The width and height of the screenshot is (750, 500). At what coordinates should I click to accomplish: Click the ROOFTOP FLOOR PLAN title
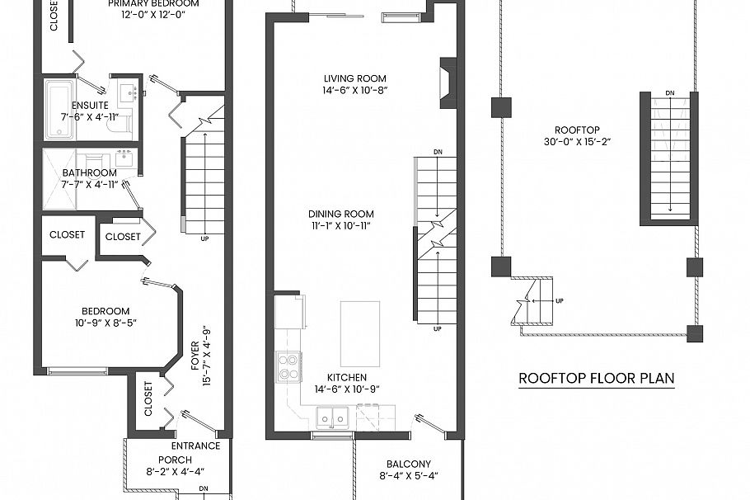tap(596, 379)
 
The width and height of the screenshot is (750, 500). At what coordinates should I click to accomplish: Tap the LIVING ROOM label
tap(354, 79)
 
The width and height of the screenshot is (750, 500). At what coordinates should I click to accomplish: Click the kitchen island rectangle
tap(360, 333)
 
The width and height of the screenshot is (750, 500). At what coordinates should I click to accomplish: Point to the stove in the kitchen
tap(288, 366)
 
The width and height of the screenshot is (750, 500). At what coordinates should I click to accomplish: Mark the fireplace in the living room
tap(448, 83)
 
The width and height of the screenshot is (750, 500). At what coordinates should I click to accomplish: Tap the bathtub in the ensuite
tap(59, 108)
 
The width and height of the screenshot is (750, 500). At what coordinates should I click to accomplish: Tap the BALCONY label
tap(409, 464)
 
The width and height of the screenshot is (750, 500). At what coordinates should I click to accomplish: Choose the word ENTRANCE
tap(195, 446)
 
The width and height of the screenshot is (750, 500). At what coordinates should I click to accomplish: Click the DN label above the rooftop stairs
tap(669, 93)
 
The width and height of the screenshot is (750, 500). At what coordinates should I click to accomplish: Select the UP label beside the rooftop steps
tap(560, 300)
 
